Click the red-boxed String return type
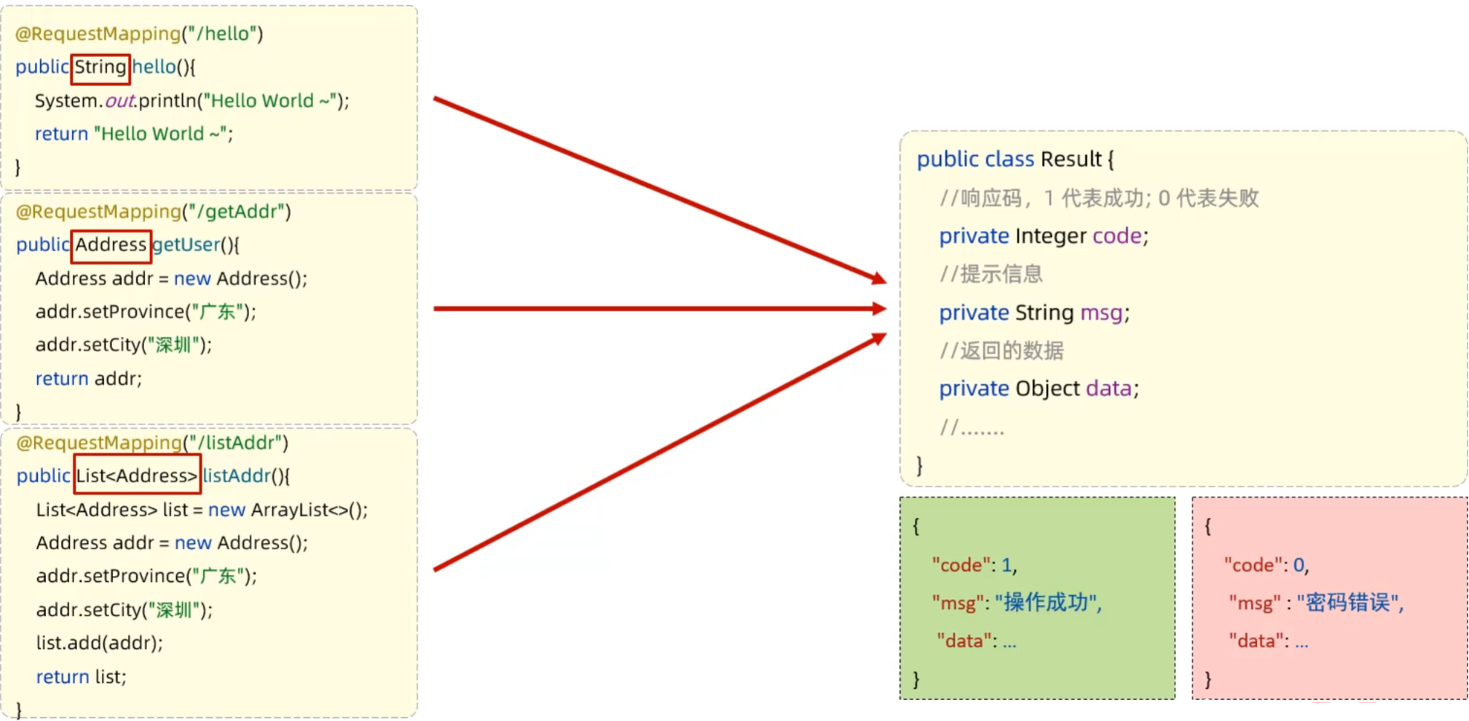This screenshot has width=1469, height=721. click(x=101, y=68)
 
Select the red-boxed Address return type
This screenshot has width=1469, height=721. click(x=111, y=245)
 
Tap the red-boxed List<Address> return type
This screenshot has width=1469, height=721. click(x=137, y=476)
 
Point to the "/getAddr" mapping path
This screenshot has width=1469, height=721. click(x=236, y=212)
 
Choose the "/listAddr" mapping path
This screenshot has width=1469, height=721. click(x=235, y=443)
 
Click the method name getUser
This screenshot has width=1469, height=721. click(x=186, y=245)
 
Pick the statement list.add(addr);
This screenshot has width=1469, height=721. click(x=99, y=643)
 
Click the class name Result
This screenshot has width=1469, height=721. click(x=1071, y=159)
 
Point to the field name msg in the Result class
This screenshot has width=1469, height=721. click(x=1101, y=313)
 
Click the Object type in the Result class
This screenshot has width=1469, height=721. click(x=1047, y=389)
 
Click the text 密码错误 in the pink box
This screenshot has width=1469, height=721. click(x=1347, y=602)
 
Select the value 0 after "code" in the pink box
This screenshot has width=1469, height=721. click(x=1299, y=565)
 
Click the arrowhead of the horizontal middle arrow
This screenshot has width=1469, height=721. click(x=878, y=309)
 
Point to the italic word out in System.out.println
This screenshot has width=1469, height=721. click(x=120, y=101)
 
